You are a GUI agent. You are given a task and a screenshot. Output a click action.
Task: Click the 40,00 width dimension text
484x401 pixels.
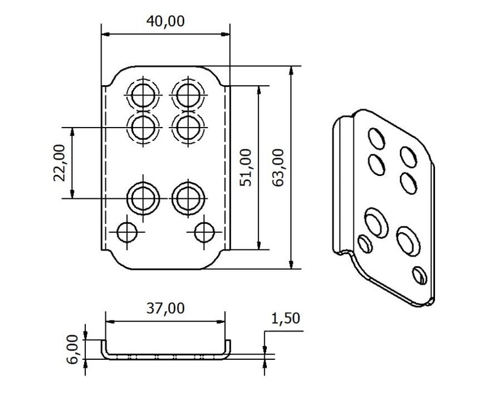(x=165, y=21)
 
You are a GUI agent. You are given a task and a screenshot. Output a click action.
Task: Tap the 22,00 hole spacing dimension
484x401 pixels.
(x=59, y=163)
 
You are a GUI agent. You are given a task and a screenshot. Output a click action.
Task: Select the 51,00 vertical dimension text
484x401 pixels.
(x=246, y=168)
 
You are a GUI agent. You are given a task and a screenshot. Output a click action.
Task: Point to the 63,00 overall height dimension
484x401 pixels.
(x=278, y=168)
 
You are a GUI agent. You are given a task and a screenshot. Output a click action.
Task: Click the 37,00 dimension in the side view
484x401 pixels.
(x=165, y=308)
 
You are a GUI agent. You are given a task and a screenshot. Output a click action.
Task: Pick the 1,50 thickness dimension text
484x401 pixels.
(x=286, y=319)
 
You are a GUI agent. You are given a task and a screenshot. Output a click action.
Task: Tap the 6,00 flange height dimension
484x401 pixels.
(x=73, y=350)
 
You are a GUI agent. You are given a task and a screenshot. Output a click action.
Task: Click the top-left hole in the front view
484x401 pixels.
(x=143, y=96)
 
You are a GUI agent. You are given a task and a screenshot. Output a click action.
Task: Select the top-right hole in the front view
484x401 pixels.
(x=188, y=96)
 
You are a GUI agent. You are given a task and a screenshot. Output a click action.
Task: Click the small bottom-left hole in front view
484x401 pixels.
(x=127, y=232)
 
